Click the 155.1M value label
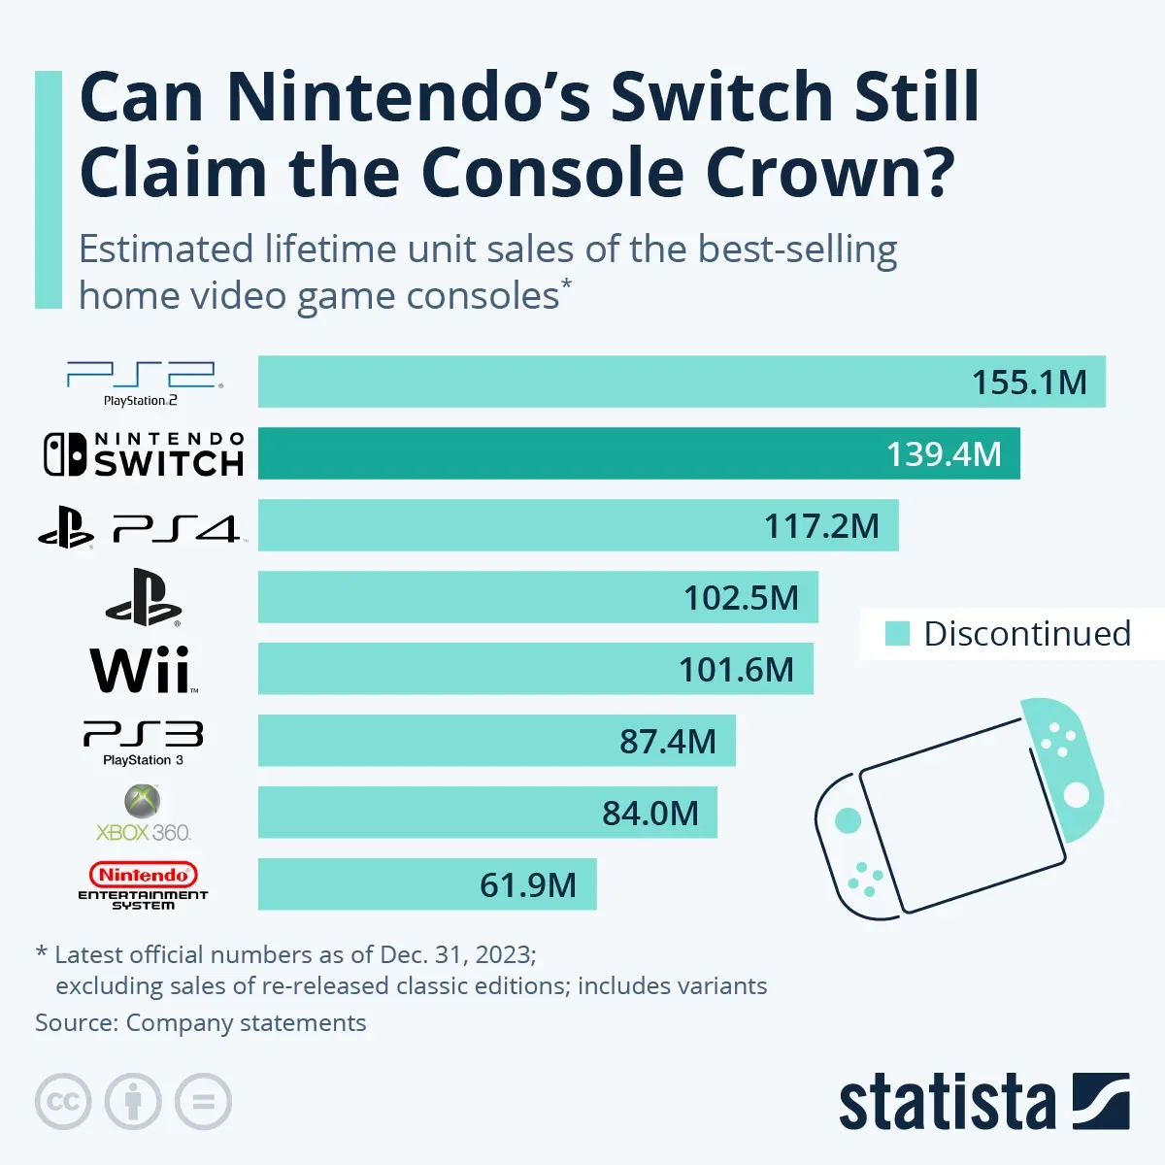[1029, 383]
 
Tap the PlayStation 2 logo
[143, 383]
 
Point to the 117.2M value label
[821, 526]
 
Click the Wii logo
[144, 670]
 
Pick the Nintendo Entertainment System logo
[143, 884]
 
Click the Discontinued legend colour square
[897, 634]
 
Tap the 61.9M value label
[528, 885]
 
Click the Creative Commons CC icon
[63, 1102]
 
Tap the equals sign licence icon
[203, 1102]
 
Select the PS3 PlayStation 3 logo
[143, 742]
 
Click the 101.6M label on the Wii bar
[736, 670]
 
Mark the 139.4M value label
[944, 454]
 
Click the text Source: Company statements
[201, 1023]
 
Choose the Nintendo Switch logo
[144, 454]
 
